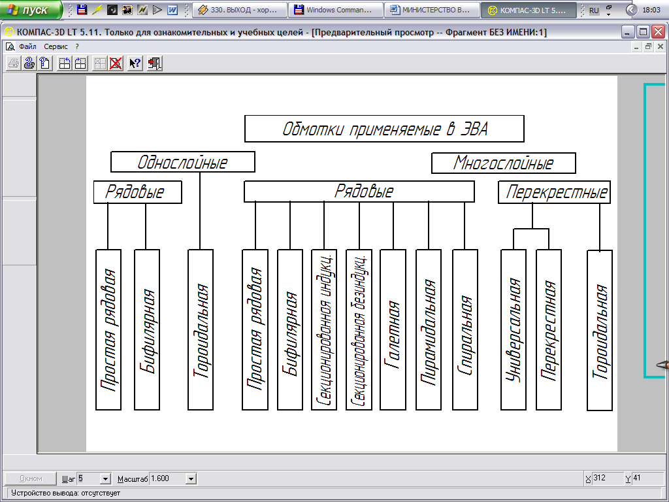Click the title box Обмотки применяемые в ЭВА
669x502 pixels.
tap(384, 129)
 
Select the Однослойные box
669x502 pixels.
tap(183, 162)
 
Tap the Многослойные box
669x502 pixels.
tap(504, 163)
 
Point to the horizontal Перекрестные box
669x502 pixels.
tap(554, 192)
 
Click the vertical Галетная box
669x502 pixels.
tap(393, 329)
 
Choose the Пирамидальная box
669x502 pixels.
tap(429, 329)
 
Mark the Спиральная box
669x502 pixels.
tap(465, 329)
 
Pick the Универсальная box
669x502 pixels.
tap(514, 329)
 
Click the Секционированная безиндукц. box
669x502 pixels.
tap(359, 329)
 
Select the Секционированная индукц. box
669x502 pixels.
tap(324, 329)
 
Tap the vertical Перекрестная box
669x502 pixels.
tap(549, 329)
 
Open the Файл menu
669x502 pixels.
tap(27, 46)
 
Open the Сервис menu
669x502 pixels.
tap(56, 46)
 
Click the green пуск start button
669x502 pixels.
tap(31, 10)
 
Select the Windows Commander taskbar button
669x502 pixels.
tap(336, 10)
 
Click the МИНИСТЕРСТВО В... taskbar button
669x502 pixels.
tap(432, 10)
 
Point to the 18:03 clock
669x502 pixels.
tap(651, 10)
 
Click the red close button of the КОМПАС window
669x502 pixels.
tap(658, 31)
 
